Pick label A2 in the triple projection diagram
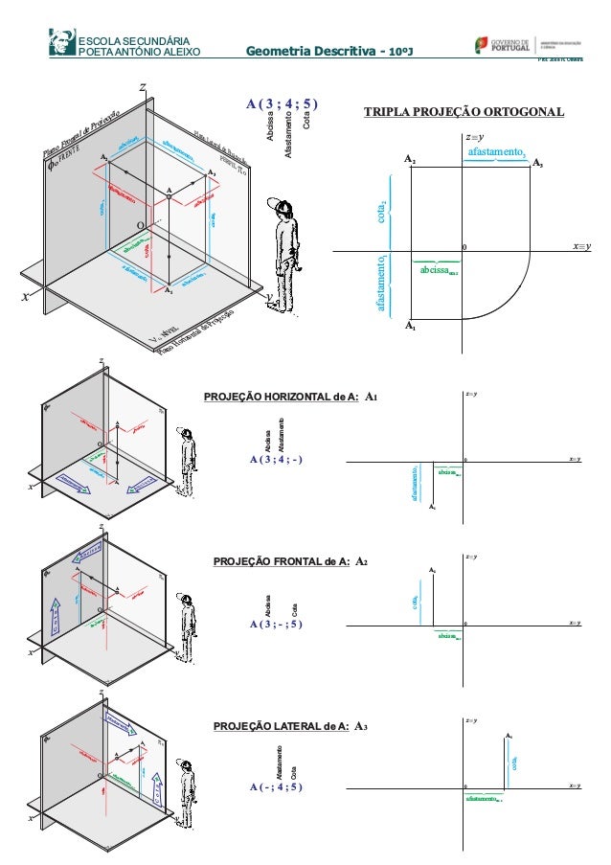(409, 157)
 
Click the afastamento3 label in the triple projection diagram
(495, 151)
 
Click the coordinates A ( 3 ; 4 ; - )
(275, 459)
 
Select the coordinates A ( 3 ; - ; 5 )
(275, 624)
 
